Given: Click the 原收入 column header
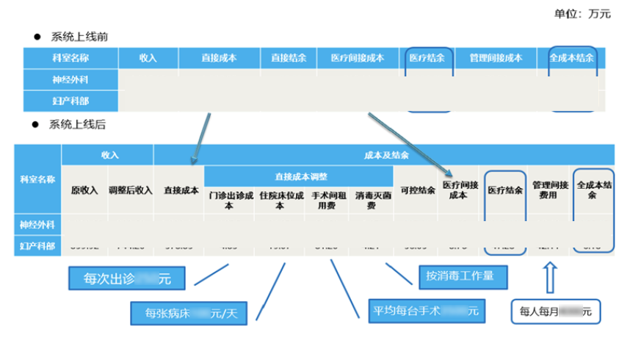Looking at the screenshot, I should tap(84, 190).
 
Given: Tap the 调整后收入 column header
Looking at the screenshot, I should tap(130, 190).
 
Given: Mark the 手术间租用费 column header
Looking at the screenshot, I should tap(325, 201).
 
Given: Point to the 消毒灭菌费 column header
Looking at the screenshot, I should tap(371, 201).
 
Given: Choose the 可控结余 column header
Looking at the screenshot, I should tap(417, 190).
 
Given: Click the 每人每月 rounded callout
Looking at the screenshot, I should tap(555, 312).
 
